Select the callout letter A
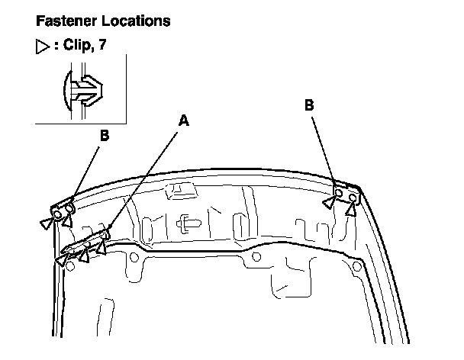coord(182,120)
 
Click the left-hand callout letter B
coord(105,137)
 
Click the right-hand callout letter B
coord(309,107)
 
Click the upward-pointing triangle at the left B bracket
coord(66,221)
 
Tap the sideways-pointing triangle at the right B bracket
coord(328,202)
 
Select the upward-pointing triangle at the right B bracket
coord(350,207)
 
